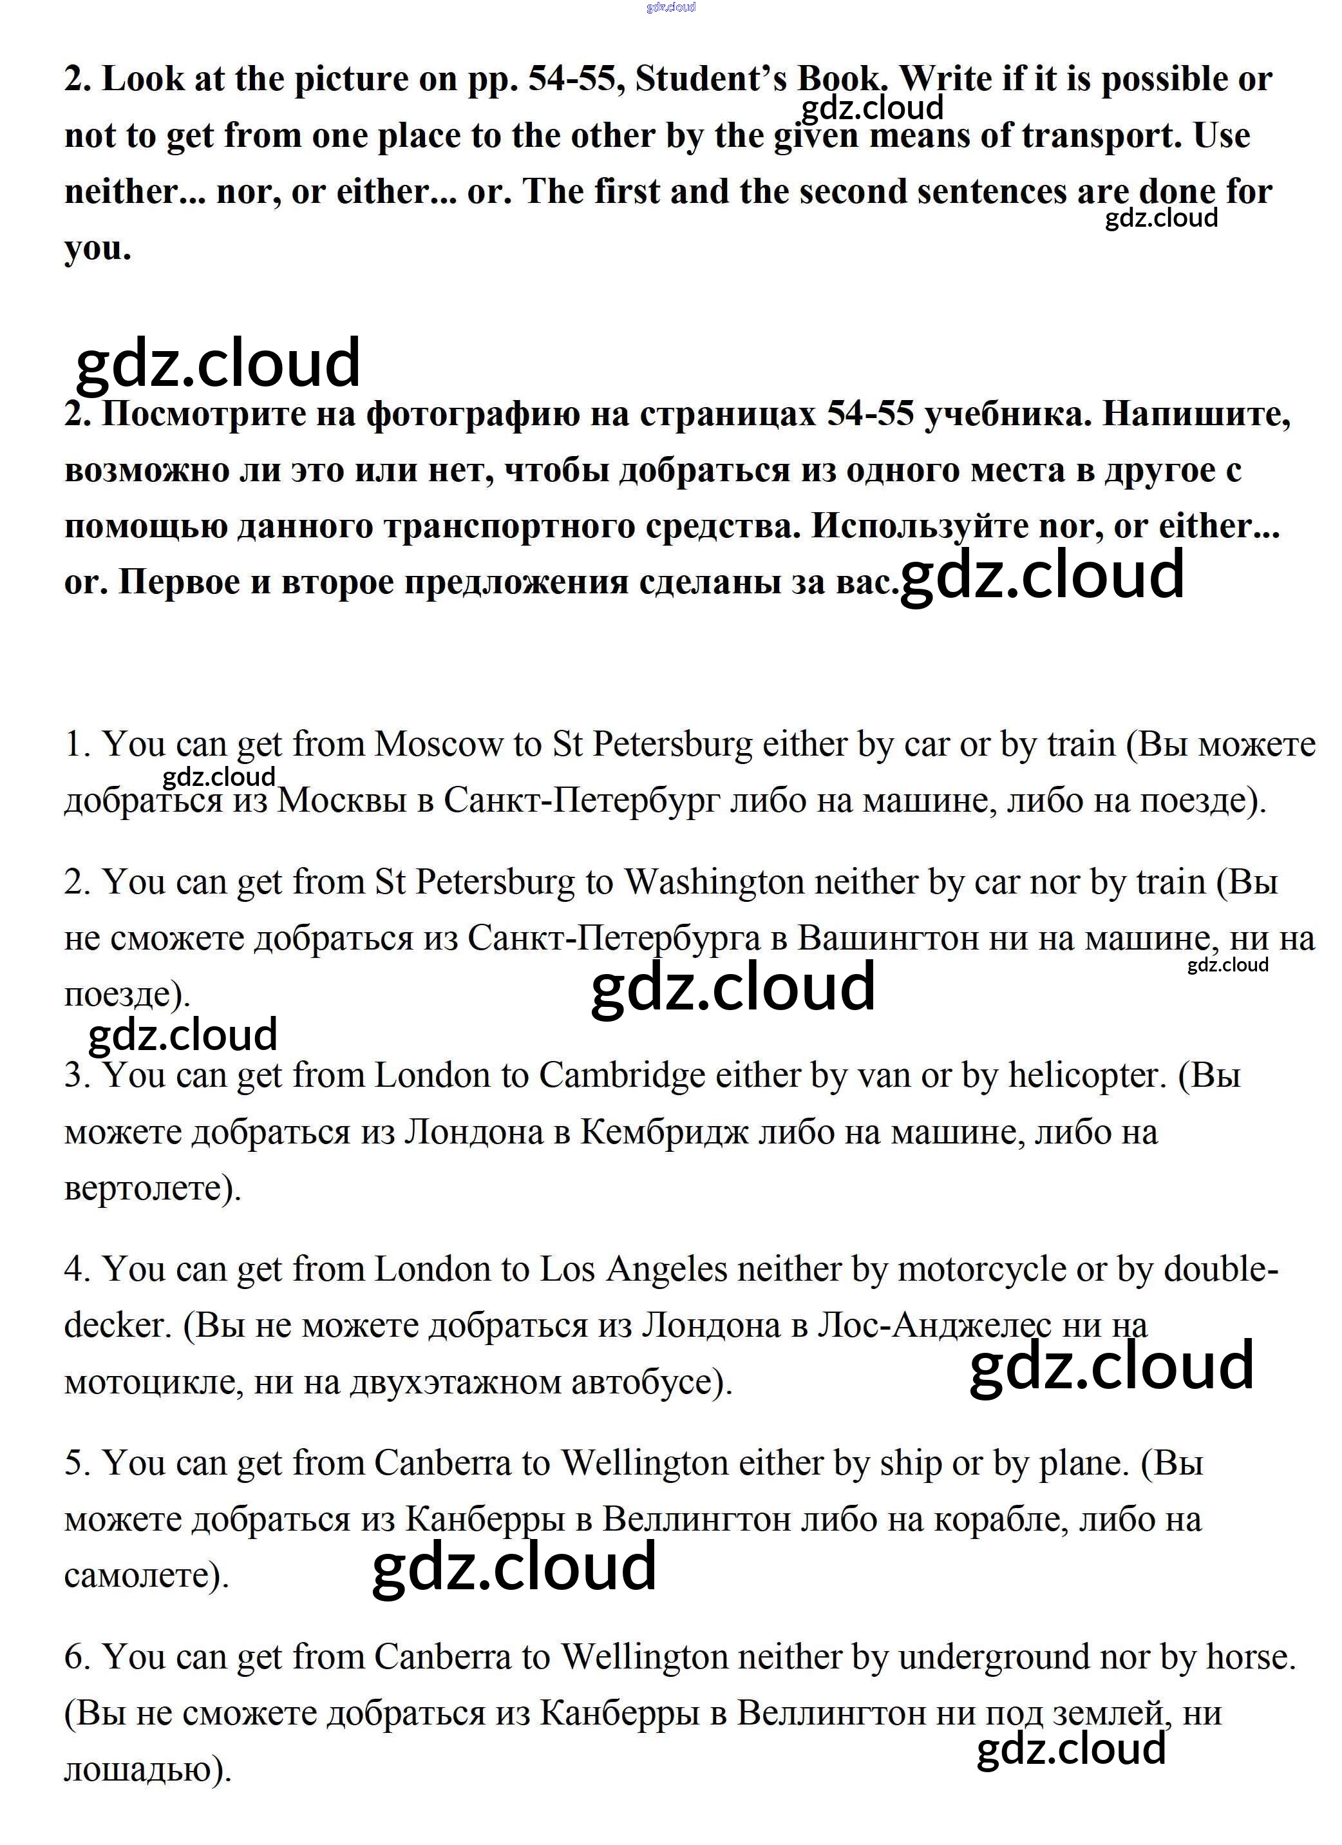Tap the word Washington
[714, 883]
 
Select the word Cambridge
[621, 1076]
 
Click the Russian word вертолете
[152, 1189]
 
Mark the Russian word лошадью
[146, 1770]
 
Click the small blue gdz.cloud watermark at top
[671, 7]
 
